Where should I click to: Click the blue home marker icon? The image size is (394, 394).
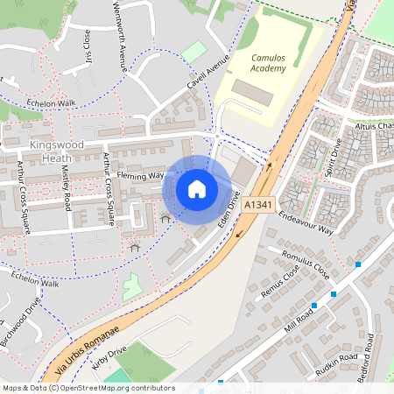pyautogui.click(x=197, y=188)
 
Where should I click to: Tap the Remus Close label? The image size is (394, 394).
pyautogui.click(x=280, y=283)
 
